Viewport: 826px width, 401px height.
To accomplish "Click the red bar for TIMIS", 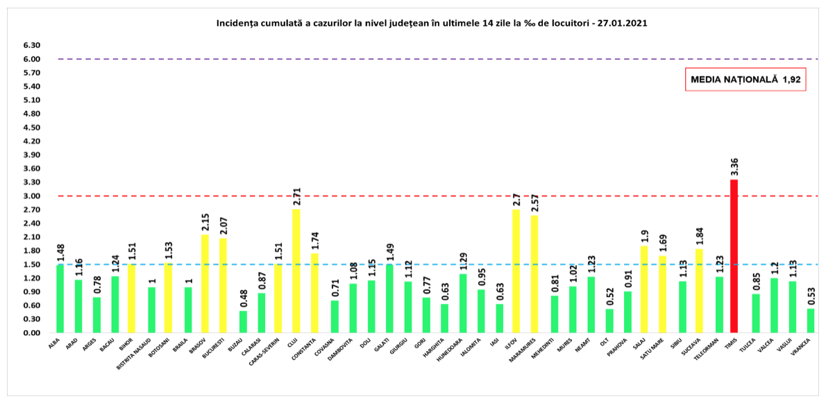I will [734, 256].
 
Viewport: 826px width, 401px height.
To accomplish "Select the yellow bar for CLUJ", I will [296, 271].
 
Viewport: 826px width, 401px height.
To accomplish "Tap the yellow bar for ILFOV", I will [516, 271].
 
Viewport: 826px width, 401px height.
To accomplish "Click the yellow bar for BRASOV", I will [205, 284].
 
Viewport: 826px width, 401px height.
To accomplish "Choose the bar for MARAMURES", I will [534, 274].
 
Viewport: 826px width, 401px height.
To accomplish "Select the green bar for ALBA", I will [59, 299].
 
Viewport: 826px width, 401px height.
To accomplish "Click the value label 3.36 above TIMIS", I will [734, 167].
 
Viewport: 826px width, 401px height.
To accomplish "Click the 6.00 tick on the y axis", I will [31, 59].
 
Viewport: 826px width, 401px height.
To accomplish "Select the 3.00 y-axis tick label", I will [31, 196].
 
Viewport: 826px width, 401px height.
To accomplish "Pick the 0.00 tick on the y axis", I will [31, 333].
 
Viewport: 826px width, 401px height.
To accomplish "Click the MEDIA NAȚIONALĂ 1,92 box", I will [745, 80].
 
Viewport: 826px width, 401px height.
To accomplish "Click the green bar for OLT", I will [609, 321].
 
